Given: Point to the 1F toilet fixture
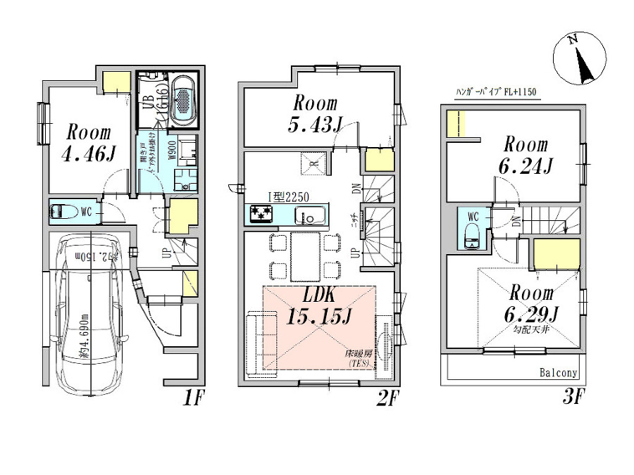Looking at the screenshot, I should tap(67, 210).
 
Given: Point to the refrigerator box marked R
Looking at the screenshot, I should tap(310, 164).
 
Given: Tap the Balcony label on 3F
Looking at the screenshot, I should tap(559, 374).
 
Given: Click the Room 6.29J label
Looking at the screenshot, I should tap(533, 302).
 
